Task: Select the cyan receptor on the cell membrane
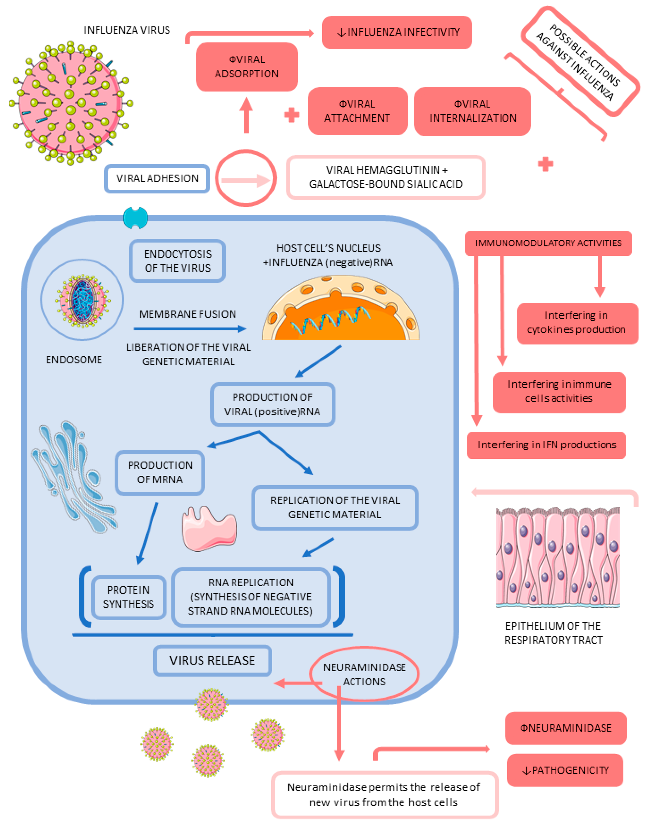pyautogui.click(x=135, y=218)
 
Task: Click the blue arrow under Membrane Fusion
pyautogui.click(x=189, y=329)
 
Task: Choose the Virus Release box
pyautogui.click(x=212, y=660)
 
